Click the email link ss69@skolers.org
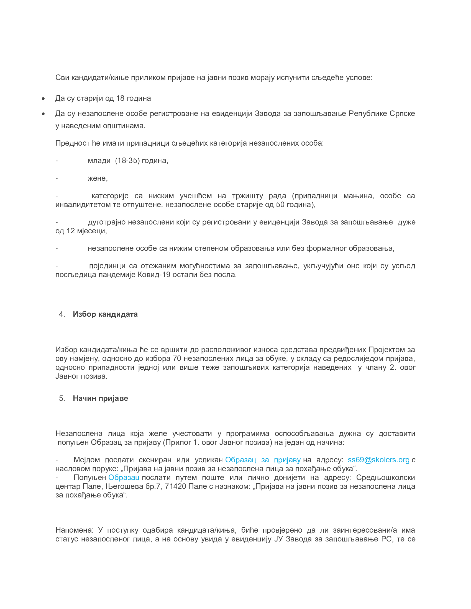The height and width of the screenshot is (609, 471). pyautogui.click(x=378, y=460)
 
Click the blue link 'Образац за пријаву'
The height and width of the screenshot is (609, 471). pyautogui.click(x=263, y=460)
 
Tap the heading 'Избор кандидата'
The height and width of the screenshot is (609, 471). pyautogui.click(x=105, y=314)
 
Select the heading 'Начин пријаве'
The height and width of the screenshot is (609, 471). pyautogui.click(x=101, y=398)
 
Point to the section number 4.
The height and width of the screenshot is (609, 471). pyautogui.click(x=62, y=314)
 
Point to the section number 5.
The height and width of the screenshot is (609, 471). pyautogui.click(x=62, y=398)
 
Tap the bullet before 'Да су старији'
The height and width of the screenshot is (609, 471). pyautogui.click(x=43, y=99)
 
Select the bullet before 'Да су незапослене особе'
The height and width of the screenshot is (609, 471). pyautogui.click(x=43, y=114)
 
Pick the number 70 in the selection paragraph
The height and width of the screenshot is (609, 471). pyautogui.click(x=177, y=358)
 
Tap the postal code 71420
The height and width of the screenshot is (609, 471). pyautogui.click(x=175, y=486)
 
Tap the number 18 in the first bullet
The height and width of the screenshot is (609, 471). pyautogui.click(x=120, y=99)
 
